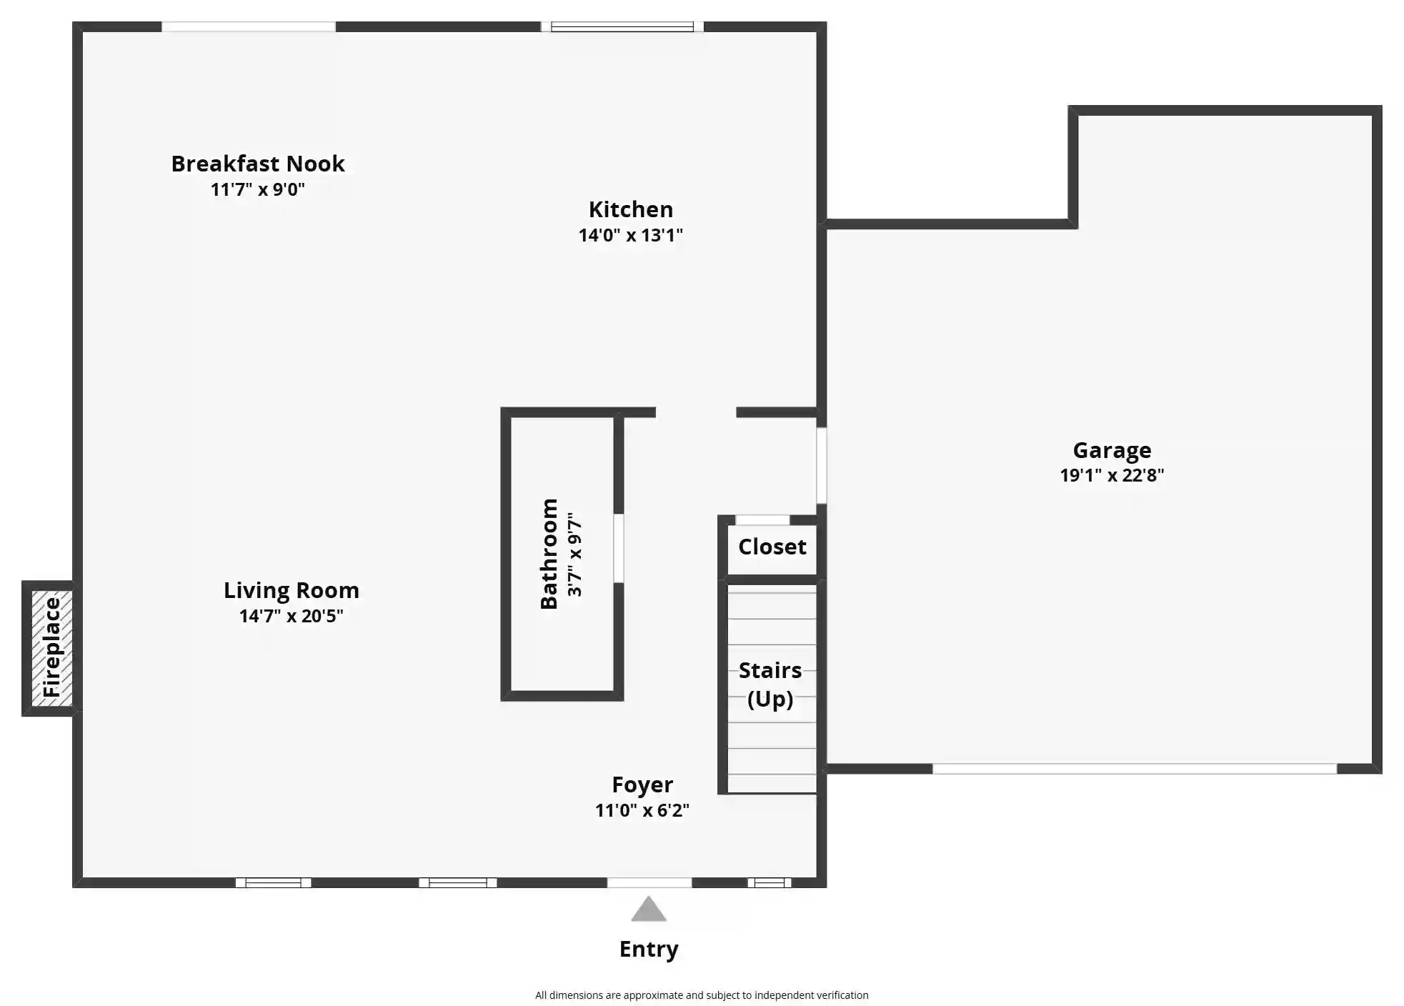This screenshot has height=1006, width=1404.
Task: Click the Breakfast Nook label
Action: coord(258,164)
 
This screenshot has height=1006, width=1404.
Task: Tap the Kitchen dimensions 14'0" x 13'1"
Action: coord(631,235)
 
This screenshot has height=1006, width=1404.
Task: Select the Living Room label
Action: coord(292,590)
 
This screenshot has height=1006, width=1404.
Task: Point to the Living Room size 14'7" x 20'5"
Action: coord(292,616)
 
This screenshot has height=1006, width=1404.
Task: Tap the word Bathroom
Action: coord(549,554)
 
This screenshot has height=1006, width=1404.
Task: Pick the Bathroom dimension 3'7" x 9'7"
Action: coord(574,554)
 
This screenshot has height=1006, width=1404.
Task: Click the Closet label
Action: coord(772,547)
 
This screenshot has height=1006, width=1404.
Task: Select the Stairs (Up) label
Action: coord(770,684)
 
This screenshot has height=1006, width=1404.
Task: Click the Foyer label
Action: coord(642,785)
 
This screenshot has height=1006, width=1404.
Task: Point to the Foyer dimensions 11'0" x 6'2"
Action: coord(642,810)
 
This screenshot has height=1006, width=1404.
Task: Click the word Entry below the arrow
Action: coord(649,949)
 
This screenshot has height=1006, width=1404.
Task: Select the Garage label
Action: coord(1112,450)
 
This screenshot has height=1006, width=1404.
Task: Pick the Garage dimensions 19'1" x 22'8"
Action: coord(1112,475)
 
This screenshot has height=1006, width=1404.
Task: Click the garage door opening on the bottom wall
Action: coord(1135,769)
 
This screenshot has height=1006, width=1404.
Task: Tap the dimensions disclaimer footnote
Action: coord(702,995)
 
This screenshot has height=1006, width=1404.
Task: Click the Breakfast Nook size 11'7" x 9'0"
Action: coord(258,189)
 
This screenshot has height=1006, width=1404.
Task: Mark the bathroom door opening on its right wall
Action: coord(619,548)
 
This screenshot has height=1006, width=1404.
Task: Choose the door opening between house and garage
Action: coord(822,465)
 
